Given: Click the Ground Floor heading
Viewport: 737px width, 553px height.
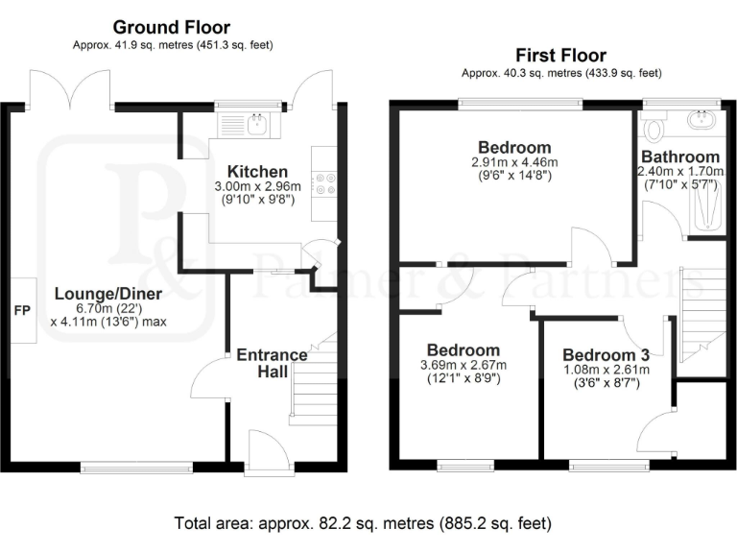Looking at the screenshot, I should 172,27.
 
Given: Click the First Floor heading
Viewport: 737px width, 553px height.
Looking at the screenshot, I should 561,56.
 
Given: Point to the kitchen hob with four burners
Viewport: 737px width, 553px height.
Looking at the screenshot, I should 324,182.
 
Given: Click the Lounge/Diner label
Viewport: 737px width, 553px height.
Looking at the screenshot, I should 108,294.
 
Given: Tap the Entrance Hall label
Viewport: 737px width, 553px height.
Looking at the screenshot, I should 273,363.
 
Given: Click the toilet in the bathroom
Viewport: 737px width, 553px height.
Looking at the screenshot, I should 654,128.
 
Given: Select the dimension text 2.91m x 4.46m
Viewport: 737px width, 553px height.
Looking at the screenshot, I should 514,163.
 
